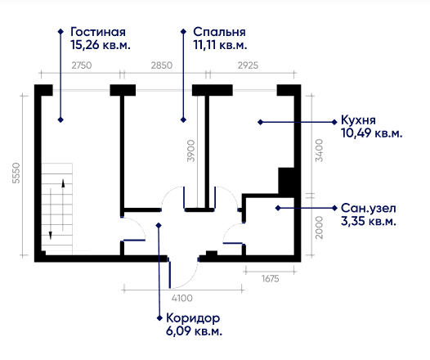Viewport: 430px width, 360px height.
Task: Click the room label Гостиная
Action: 98,32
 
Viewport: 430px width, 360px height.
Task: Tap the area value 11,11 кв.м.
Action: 220,45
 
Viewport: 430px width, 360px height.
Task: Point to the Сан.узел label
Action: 369,209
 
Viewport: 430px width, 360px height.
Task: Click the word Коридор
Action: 193,318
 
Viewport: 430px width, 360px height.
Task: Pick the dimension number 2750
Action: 82,65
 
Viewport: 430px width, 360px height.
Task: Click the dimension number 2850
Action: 162,65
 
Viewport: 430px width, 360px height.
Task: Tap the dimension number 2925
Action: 248,65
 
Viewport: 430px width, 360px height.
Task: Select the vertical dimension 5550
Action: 16,173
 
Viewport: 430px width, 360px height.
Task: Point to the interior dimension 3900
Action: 190,151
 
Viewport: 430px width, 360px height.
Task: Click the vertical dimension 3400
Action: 319,151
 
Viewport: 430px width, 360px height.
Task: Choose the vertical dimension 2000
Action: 319,227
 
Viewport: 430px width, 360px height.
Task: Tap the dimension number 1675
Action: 270,279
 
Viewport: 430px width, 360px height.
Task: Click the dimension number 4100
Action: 181,298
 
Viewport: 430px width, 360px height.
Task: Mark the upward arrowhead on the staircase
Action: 63,183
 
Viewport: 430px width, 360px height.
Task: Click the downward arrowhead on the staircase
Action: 51,235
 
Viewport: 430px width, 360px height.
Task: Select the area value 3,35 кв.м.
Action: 369,221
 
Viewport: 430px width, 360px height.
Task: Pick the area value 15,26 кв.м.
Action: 101,45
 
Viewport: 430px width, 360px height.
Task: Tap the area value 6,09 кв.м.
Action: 194,331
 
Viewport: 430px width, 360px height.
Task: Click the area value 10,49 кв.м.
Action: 372,133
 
